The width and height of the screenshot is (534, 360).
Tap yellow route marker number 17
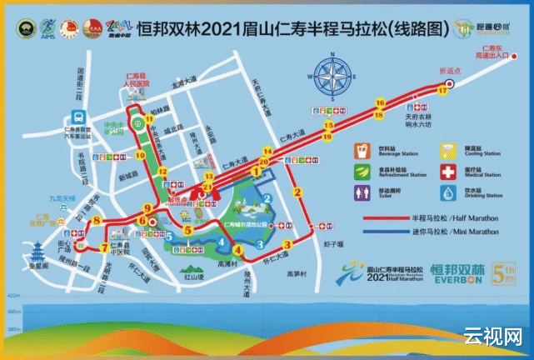pos(442,91)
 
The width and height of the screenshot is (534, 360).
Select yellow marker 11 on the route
pos(150,119)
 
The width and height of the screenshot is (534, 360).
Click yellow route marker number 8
pos(97,221)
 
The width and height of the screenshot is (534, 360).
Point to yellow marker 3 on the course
pos(287,244)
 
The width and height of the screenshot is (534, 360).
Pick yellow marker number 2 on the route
pos(298,192)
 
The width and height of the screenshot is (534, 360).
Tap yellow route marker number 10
pos(139,155)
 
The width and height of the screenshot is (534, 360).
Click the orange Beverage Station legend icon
pos(362,151)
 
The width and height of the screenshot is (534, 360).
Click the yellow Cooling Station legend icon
pos(447,151)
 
